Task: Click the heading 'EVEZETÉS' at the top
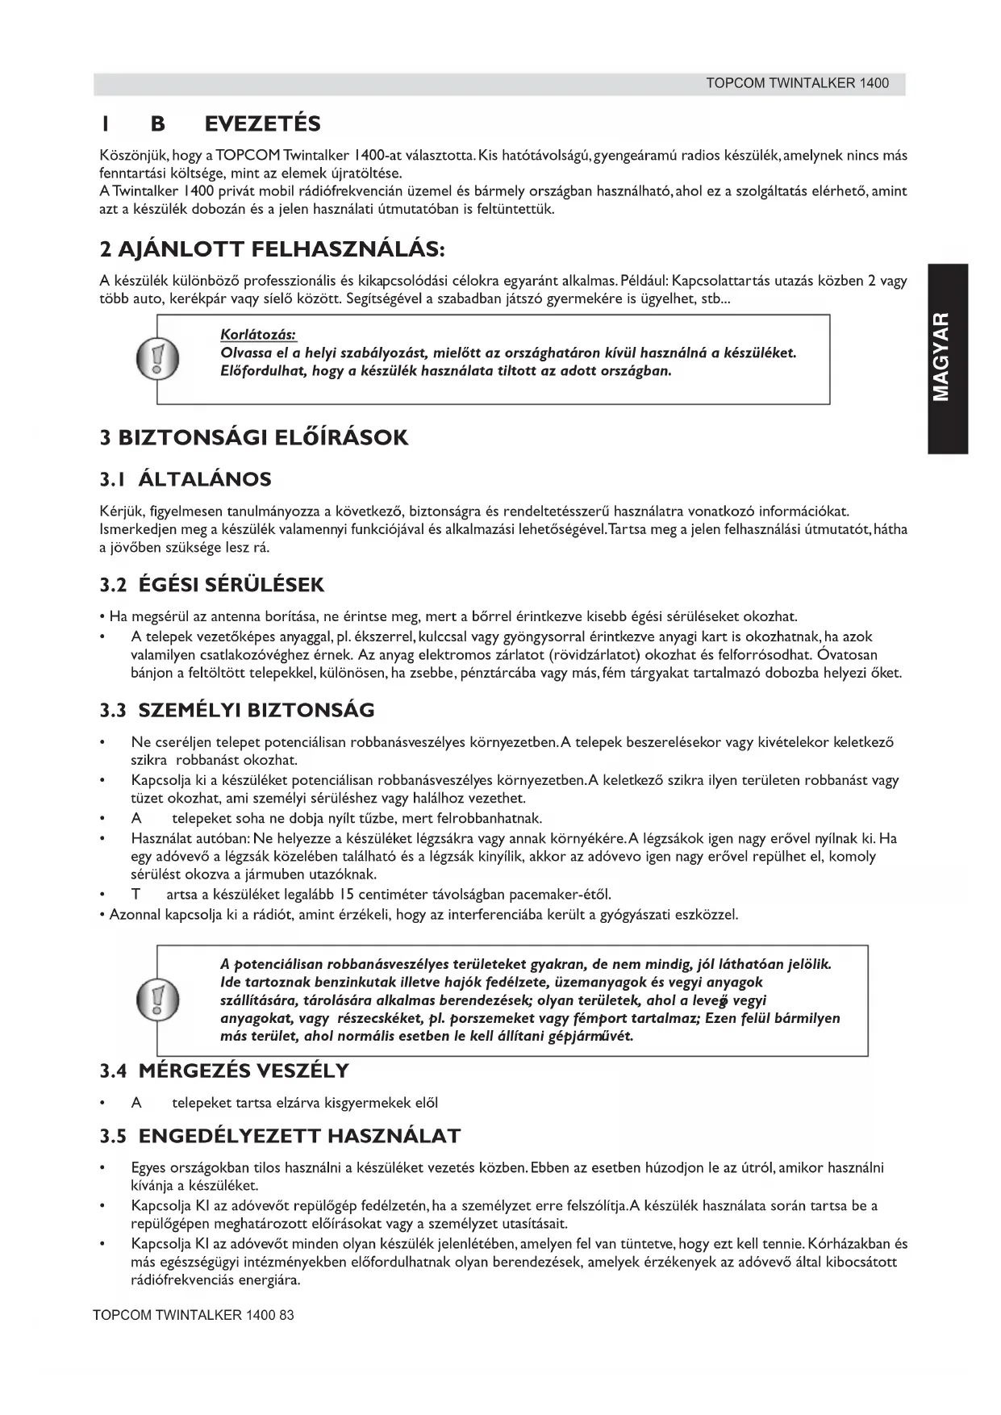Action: pos(262,124)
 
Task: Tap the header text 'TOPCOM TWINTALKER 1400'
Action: pos(797,83)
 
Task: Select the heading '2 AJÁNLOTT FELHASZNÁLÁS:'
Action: pos(272,248)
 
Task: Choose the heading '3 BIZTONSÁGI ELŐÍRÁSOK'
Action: pos(254,438)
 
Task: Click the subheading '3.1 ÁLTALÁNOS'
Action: pos(186,479)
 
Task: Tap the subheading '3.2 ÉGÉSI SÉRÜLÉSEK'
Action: pos(212,585)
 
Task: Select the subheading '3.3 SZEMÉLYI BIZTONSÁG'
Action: pos(237,711)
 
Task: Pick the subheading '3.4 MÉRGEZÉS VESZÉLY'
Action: pos(224,1071)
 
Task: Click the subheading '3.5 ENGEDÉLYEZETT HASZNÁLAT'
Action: pos(280,1137)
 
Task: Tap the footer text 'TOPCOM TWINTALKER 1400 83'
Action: pos(194,1315)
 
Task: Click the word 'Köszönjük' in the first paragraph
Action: pos(126,156)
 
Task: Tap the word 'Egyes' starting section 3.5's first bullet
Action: pos(148,1168)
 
